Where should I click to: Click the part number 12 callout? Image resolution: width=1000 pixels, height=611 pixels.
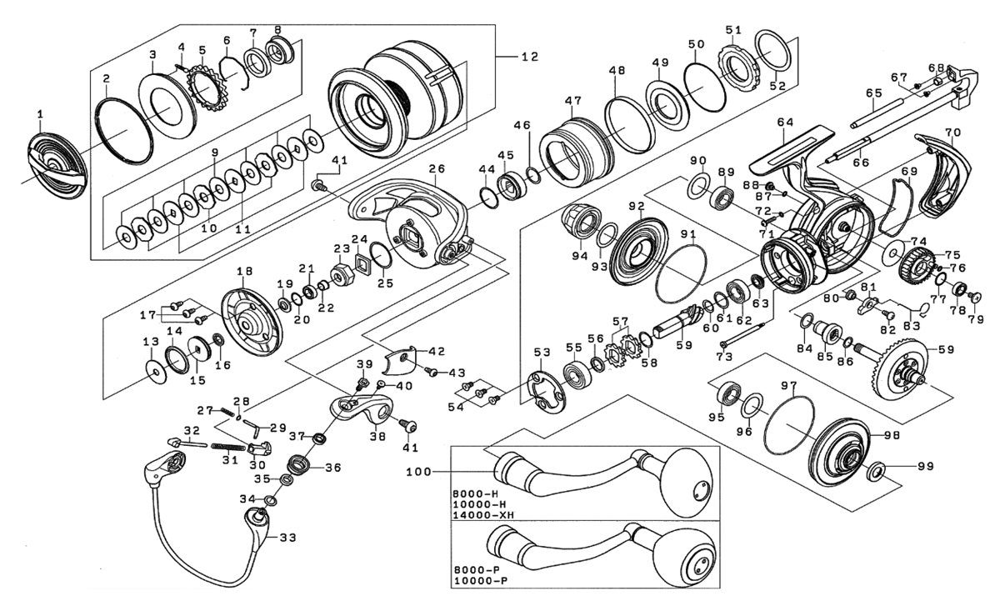pos(529,57)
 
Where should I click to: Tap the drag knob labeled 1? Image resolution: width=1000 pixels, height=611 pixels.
pos(57,165)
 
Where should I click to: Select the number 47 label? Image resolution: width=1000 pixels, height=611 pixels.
pos(572,101)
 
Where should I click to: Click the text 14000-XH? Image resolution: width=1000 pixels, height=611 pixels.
pos(483,515)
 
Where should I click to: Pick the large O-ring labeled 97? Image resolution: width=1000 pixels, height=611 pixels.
pos(789,425)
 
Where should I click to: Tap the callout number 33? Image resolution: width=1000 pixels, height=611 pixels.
pos(288,538)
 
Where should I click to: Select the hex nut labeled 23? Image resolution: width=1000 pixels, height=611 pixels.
pos(342,276)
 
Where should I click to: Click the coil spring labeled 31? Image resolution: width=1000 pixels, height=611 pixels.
pos(227,447)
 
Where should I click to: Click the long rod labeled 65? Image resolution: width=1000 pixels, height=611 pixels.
pos(877,114)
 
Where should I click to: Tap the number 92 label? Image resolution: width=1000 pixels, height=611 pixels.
pos(637,206)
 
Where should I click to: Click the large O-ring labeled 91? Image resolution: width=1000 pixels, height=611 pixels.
pos(682,273)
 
